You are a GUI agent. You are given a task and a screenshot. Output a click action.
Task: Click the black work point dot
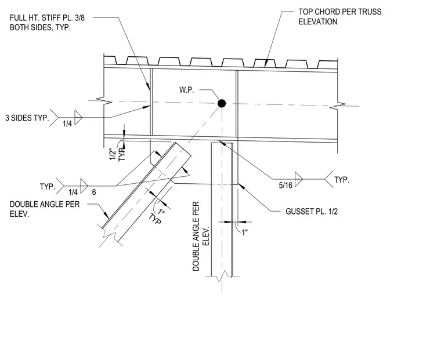[x=222, y=103]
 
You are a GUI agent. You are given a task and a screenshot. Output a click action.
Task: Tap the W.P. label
[x=186, y=90]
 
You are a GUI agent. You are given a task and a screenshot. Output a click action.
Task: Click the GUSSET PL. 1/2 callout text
[x=312, y=212]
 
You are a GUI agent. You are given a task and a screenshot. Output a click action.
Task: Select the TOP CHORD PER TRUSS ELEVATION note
[x=340, y=17]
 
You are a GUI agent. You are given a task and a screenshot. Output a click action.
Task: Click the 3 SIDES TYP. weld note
[x=27, y=118]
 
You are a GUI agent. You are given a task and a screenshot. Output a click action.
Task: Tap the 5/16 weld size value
[x=285, y=185]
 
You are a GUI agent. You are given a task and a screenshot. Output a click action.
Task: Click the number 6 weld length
[x=94, y=192]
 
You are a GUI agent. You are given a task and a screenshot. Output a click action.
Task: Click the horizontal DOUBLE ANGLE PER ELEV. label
[x=45, y=209]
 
